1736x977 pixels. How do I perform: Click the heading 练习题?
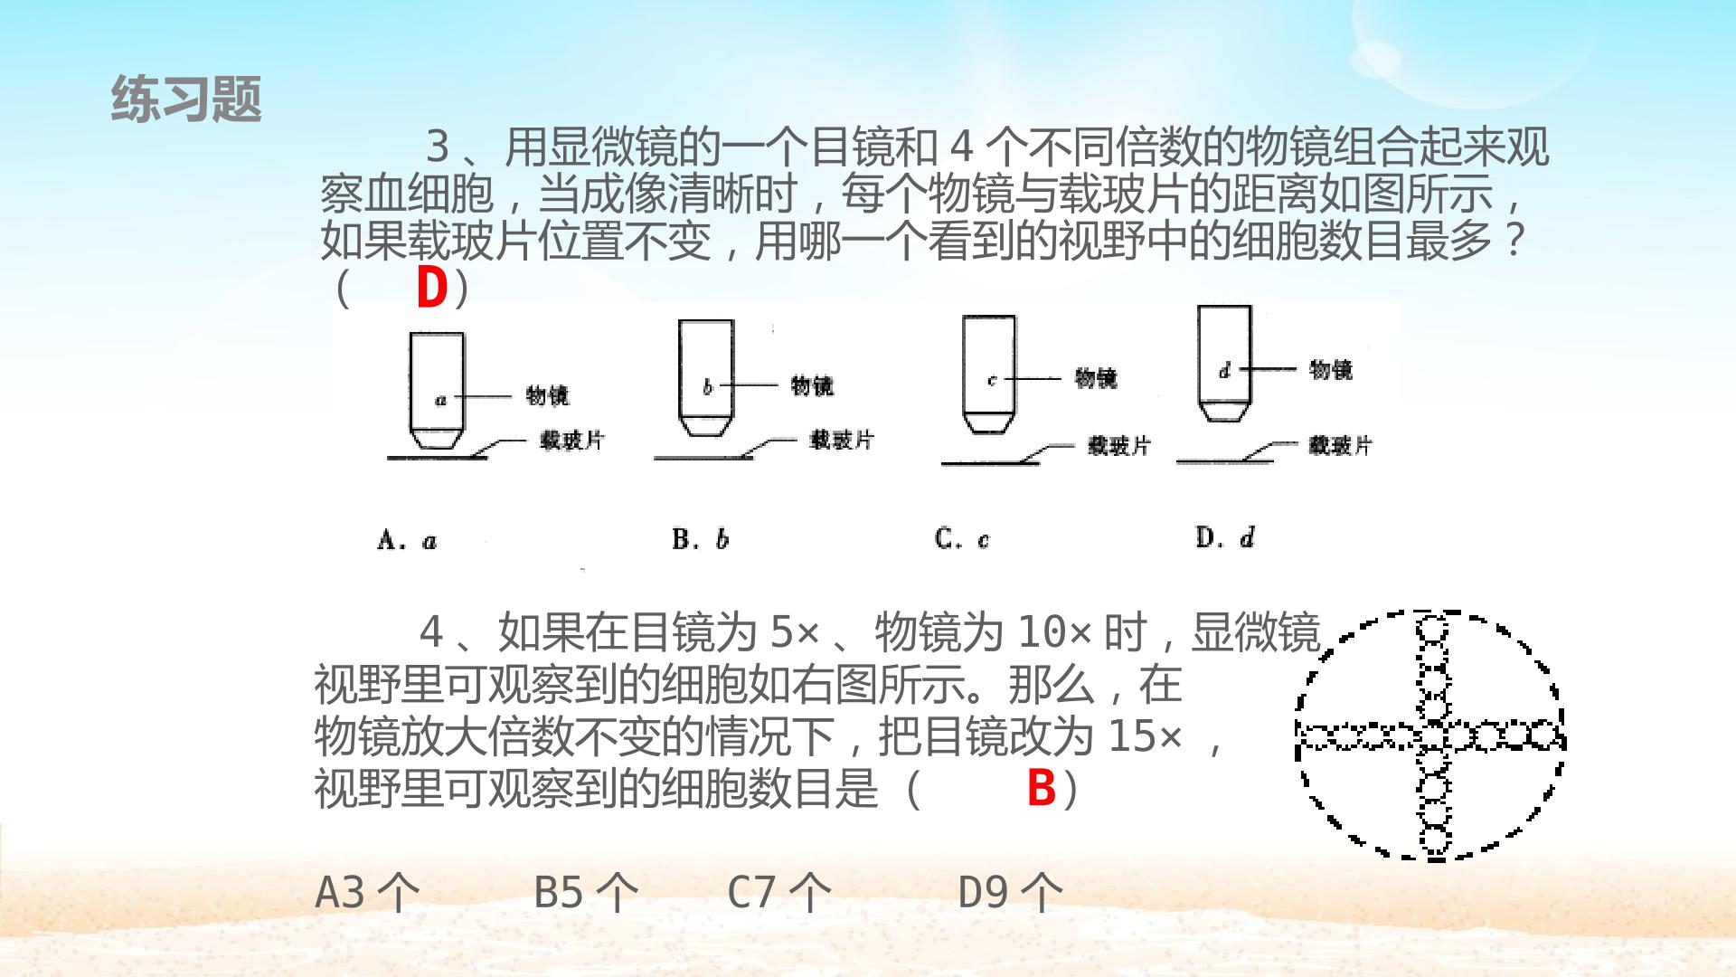(x=186, y=99)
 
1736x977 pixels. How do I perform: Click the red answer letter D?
(x=432, y=289)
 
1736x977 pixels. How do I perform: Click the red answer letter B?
(x=1042, y=788)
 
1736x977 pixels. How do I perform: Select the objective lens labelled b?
(x=706, y=377)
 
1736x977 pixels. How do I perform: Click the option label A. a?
(x=407, y=541)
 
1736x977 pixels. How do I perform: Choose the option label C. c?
(x=962, y=539)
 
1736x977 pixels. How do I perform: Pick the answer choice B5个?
(x=587, y=892)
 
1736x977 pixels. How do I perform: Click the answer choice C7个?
(x=779, y=892)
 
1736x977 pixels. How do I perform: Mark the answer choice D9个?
(x=1011, y=892)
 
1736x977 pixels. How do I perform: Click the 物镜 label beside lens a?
(x=548, y=395)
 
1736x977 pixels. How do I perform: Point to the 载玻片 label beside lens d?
(x=1340, y=445)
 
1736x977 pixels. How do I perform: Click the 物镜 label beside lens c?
(x=1096, y=377)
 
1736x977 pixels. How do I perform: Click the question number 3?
(x=438, y=147)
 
